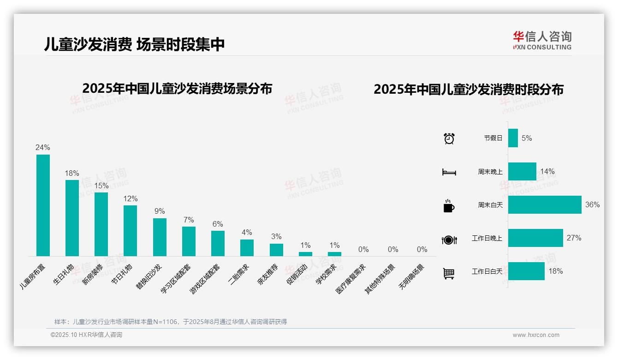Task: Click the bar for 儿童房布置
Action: pos(43,205)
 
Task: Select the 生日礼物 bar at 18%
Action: pos(72,218)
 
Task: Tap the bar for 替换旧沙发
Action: pos(160,237)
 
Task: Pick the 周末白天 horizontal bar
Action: pos(545,204)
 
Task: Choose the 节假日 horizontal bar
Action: pos(513,138)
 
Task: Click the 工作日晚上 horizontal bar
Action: pos(535,238)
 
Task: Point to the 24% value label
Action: pos(43,148)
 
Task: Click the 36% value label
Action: pos(592,204)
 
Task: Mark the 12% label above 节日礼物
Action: pos(131,198)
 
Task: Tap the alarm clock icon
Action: pos(449,138)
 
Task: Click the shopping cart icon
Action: pos(449,273)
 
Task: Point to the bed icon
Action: pos(449,172)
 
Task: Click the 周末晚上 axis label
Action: pos(490,172)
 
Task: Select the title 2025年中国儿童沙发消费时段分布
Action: pos(469,90)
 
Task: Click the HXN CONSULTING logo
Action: pos(542,41)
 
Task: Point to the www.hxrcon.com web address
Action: pos(536,335)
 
